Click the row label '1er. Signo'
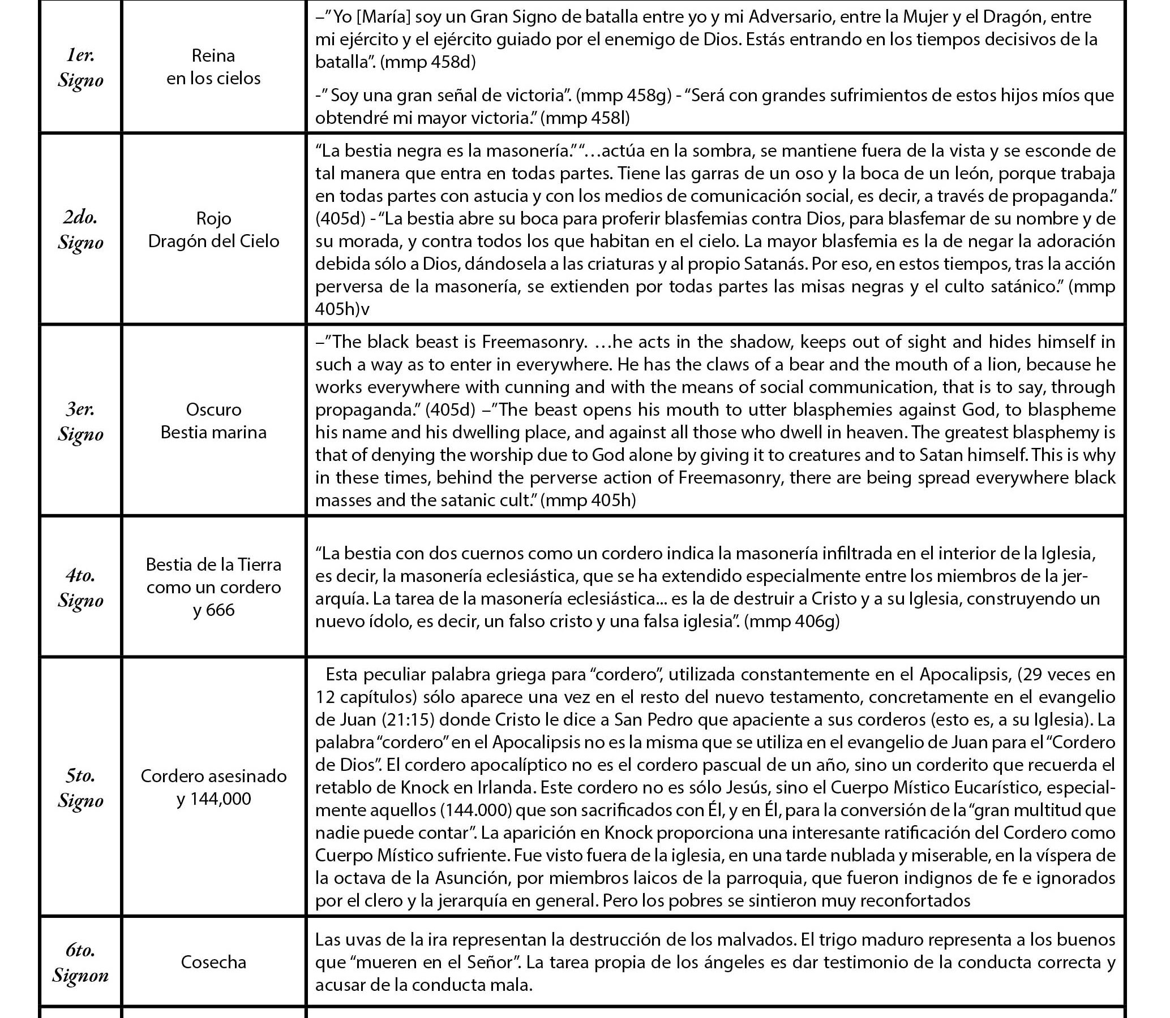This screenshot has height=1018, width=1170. [x=80, y=68]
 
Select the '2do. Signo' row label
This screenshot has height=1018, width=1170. [x=80, y=230]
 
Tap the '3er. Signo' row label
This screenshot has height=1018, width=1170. [x=80, y=421]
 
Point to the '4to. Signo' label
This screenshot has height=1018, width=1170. [x=80, y=588]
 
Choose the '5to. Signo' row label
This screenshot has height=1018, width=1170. [x=80, y=788]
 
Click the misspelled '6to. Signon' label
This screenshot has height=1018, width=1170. [x=80, y=963]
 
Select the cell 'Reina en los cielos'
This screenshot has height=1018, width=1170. [x=213, y=67]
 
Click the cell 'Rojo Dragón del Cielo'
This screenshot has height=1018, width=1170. [x=213, y=230]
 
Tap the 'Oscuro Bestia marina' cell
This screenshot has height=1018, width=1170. [x=213, y=421]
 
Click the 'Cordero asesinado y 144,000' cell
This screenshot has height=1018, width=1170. [x=213, y=787]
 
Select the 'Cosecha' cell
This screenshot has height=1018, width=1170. [x=213, y=963]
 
